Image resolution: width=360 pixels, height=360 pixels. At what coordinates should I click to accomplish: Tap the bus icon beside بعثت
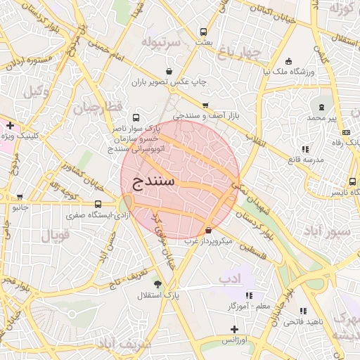pyautogui.click(x=204, y=32)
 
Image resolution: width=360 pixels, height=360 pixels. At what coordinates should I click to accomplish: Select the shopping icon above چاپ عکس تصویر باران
pyautogui.click(x=169, y=71)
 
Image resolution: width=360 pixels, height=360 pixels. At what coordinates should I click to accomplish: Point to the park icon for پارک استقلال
pyautogui.click(x=157, y=285)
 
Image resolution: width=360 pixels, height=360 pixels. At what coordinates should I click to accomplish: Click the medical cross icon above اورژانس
pyautogui.click(x=234, y=329)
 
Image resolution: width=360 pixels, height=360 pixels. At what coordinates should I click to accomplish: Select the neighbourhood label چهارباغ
pyautogui.click(x=239, y=53)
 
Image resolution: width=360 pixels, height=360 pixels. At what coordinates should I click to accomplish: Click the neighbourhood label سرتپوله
pyautogui.click(x=161, y=43)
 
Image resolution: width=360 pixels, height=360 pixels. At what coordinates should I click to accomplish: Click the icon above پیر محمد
pyautogui.click(x=321, y=107)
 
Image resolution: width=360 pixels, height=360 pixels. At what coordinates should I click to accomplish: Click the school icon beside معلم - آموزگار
pyautogui.click(x=248, y=296)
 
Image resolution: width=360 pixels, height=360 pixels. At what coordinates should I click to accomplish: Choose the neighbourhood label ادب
pyautogui.click(x=229, y=279)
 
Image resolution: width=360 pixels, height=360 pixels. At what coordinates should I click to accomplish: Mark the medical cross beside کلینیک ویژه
pyautogui.click(x=10, y=125)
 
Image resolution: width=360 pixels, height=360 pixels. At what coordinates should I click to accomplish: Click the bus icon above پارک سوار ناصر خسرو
pyautogui.click(x=135, y=118)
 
